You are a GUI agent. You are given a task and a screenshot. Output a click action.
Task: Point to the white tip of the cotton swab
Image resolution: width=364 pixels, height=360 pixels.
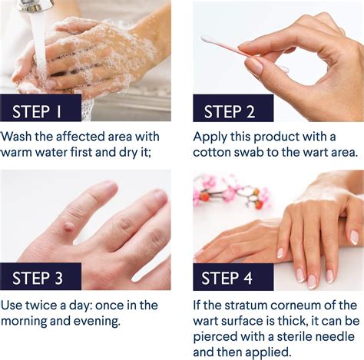pos(207,39)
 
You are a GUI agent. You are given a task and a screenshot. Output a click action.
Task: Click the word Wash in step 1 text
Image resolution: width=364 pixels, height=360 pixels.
pos(18,137)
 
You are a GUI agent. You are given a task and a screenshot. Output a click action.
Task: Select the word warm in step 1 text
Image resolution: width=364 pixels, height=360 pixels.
pos(21,153)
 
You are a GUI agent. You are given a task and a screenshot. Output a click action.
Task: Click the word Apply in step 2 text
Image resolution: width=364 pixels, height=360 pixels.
pos(210,137)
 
